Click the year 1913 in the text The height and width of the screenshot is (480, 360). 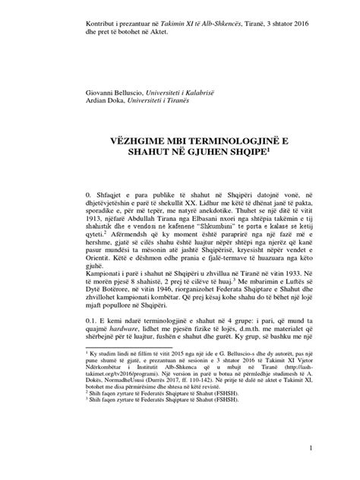pos(96,223)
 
